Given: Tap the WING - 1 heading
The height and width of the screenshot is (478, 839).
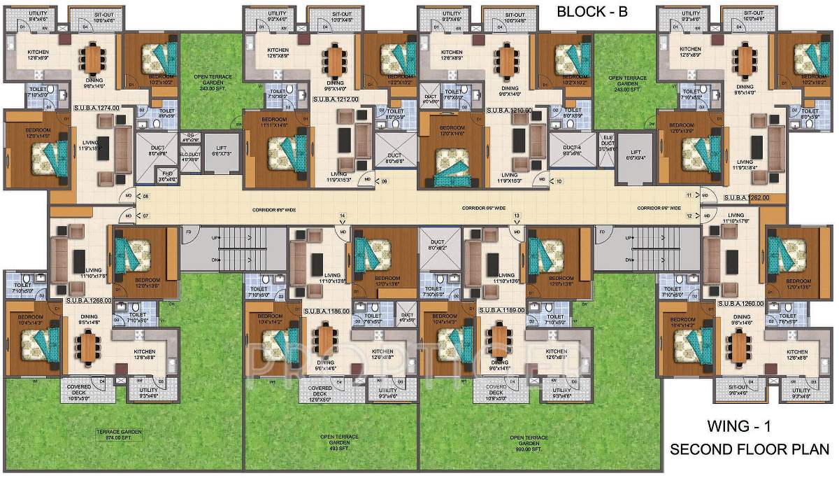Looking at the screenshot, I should pos(743,426).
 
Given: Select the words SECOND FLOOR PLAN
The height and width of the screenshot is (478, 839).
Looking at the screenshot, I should pos(750,449).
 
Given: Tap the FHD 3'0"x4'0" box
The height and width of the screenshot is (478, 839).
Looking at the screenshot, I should pos(167,176).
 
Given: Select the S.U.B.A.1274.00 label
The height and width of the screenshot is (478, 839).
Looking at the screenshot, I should pos(96,108).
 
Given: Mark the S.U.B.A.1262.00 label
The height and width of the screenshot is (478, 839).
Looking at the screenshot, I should pos(746,197).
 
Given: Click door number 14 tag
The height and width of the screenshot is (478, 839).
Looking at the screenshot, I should pos(343,216).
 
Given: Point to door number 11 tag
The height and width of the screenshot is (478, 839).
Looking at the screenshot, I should pos(689,195).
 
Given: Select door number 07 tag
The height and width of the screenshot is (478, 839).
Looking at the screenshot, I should pos(145,216).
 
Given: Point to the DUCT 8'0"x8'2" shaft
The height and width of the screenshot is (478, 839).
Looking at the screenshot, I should pos(436,244).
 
